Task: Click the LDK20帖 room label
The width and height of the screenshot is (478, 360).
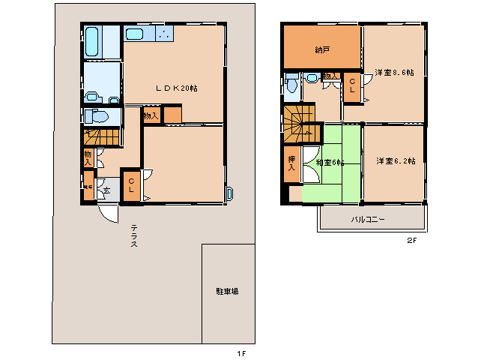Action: pos(177,88)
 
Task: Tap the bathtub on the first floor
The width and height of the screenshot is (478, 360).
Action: pos(92,42)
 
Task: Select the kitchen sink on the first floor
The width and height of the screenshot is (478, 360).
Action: pos(136,34)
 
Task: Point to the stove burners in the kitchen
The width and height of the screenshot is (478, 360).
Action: pos(164,34)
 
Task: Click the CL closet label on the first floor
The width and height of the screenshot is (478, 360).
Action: pos(130,185)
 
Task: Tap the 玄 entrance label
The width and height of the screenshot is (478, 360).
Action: pos(106,190)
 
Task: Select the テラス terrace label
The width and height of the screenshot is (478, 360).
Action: pos(133,236)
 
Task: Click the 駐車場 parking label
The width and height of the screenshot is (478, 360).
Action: pos(227,291)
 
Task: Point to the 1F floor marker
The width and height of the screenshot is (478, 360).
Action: pos(241,352)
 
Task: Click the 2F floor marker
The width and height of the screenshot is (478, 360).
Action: pos(411,241)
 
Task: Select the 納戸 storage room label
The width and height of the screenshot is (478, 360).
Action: pos(322,50)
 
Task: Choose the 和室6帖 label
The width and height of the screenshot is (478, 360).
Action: pos(330,163)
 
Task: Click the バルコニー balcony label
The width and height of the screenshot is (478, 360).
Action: pos(369,220)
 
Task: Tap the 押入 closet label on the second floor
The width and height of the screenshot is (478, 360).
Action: pos(291,163)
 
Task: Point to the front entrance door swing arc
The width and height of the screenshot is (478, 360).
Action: pos(109,214)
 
